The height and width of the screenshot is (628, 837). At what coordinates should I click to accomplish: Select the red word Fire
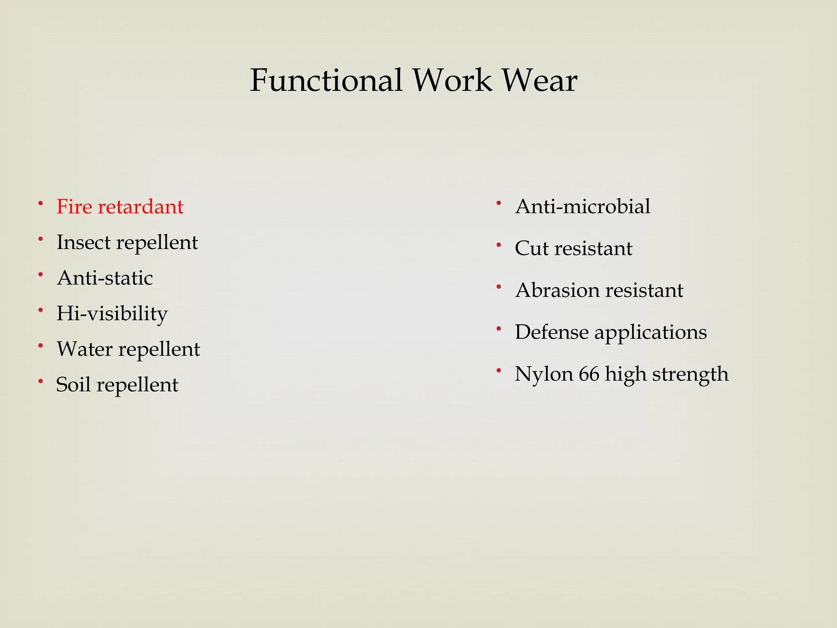74,206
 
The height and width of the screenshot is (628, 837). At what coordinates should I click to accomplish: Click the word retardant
140,206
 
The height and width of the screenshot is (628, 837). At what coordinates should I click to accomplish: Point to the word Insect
83,242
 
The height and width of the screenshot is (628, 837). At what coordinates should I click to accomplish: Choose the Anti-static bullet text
105,278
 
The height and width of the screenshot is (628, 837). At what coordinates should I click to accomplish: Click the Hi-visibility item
112,314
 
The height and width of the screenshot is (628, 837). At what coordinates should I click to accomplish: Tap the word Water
85,349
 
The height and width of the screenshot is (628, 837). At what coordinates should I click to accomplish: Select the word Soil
73,385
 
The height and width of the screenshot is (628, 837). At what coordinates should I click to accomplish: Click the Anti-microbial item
582,206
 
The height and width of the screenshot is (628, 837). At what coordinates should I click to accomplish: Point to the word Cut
531,248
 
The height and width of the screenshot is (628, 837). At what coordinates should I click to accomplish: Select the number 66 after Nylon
589,374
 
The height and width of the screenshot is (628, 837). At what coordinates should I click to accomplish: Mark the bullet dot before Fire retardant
40,203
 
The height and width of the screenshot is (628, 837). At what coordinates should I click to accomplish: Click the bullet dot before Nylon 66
499,371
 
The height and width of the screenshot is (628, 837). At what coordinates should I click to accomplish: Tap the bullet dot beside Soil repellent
40,381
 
